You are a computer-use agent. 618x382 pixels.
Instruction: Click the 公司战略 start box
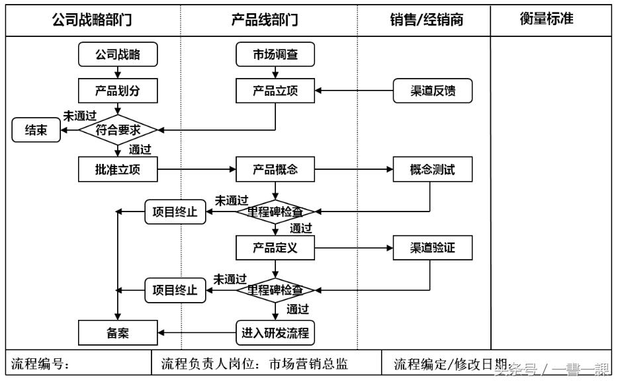(118, 55)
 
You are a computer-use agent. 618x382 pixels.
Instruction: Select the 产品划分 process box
(118, 91)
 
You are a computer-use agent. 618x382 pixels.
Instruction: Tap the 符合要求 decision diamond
(118, 130)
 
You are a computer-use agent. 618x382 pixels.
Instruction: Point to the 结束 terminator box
(35, 131)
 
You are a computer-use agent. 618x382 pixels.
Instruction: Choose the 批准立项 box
(118, 170)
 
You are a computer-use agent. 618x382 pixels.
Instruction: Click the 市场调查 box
(275, 55)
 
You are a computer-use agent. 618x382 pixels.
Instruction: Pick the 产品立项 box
(275, 91)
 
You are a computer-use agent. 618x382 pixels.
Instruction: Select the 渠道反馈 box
(433, 91)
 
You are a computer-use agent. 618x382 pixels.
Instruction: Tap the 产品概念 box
(275, 170)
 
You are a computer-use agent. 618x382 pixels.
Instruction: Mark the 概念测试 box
(433, 170)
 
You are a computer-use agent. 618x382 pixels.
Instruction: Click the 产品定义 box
(275, 249)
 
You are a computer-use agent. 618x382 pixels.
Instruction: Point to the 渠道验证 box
(433, 249)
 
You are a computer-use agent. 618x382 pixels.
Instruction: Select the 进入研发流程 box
(275, 332)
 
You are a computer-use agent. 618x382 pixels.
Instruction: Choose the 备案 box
(118, 332)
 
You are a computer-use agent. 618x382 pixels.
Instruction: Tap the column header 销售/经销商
(426, 20)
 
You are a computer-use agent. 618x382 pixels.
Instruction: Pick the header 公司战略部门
(92, 20)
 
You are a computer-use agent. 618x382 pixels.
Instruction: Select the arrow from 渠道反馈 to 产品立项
(353, 91)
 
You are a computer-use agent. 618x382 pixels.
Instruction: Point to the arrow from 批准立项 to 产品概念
(197, 170)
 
